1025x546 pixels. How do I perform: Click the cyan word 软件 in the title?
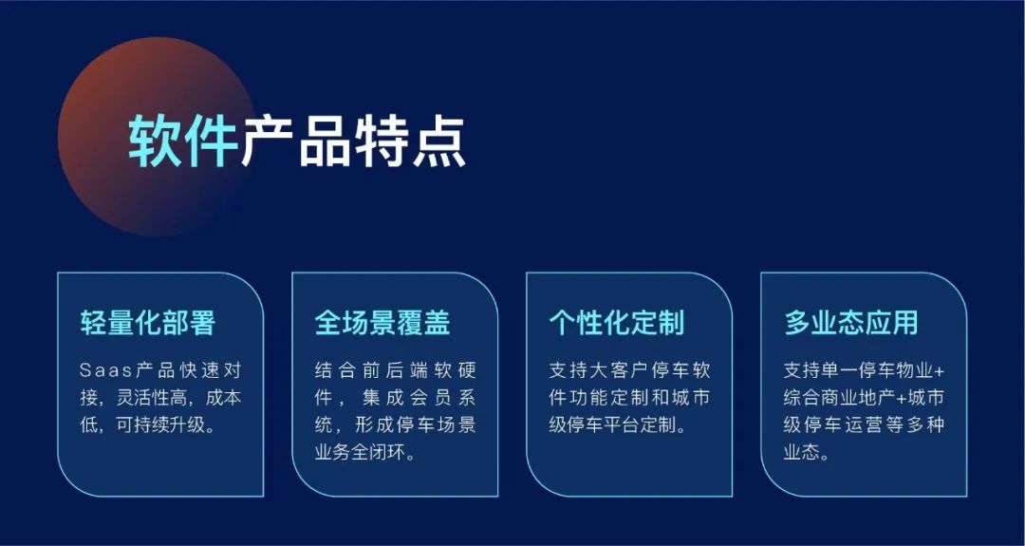[x=183, y=141]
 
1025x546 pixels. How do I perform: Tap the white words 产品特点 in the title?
[x=353, y=141]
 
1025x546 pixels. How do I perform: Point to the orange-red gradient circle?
[x=157, y=136]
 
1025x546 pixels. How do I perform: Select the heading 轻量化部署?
[x=148, y=322]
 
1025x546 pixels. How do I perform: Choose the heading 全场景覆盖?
[x=382, y=322]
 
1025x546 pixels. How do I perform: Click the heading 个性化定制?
[x=617, y=322]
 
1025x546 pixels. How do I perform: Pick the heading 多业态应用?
[x=851, y=322]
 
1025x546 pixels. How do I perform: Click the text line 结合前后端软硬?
[x=396, y=370]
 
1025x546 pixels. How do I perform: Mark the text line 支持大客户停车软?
[x=629, y=370]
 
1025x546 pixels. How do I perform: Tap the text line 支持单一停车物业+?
[x=865, y=370]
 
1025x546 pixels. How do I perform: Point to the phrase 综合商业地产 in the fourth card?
[x=833, y=398]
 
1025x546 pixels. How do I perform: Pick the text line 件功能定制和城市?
[x=629, y=398]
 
